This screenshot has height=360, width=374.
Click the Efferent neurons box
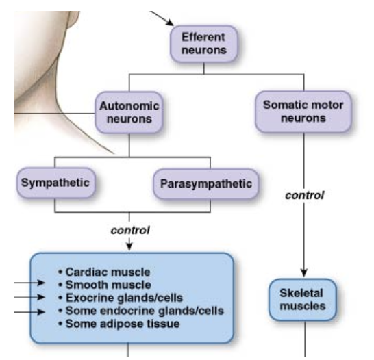[203, 43]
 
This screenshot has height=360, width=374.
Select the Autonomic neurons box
[129, 113]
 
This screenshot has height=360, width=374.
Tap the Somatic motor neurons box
[303, 112]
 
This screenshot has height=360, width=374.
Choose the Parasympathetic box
[206, 184]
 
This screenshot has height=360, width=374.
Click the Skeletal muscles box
[303, 299]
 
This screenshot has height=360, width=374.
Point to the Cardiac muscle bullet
[110, 272]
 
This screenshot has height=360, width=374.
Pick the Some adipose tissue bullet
[122, 323]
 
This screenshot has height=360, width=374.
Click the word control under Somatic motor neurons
[304, 195]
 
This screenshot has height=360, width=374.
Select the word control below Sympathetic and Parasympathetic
[130, 229]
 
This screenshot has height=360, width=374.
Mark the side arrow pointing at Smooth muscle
[33, 282]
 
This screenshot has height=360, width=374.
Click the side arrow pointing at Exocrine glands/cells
[33, 297]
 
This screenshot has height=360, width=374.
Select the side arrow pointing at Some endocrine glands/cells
[33, 312]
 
